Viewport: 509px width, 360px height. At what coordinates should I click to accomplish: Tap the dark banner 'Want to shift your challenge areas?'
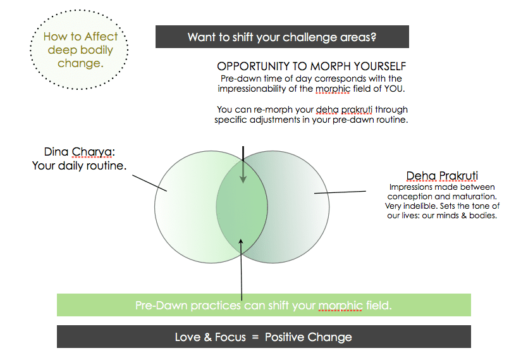click(x=282, y=37)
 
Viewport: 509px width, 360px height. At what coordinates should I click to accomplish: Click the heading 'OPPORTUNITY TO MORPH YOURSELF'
click(x=311, y=66)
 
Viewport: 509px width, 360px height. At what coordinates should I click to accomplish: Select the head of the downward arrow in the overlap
click(x=243, y=180)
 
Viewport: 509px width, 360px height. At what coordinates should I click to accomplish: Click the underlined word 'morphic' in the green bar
click(x=340, y=306)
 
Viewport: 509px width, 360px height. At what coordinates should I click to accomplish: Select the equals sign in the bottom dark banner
click(x=255, y=337)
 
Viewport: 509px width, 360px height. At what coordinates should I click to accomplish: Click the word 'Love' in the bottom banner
click(x=188, y=337)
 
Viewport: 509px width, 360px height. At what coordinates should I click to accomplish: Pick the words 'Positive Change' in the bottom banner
click(x=309, y=337)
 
